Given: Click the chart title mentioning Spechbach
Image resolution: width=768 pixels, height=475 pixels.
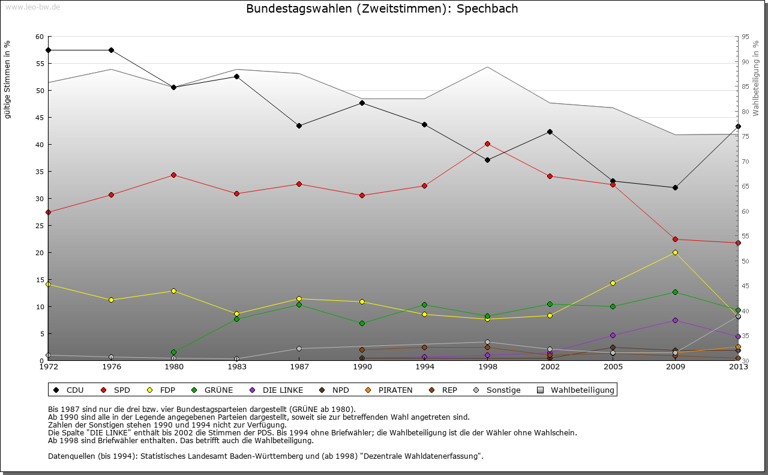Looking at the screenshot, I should click(x=382, y=9).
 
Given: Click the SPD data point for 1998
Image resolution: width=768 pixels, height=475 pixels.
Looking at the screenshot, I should click(x=487, y=144).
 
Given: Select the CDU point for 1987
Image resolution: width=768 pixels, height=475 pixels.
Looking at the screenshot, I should click(x=299, y=126).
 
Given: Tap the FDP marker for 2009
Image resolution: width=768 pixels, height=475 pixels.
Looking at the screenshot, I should click(x=675, y=252).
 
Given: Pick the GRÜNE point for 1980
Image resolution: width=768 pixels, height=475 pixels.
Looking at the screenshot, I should click(x=173, y=352).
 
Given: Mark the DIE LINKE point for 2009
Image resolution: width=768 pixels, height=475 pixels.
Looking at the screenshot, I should click(x=675, y=320).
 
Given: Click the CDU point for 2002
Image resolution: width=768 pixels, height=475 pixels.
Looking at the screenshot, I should click(x=550, y=132).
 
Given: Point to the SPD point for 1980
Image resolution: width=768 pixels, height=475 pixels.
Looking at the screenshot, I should click(x=173, y=175).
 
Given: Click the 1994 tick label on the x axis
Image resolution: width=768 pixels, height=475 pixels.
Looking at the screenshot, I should click(x=424, y=367).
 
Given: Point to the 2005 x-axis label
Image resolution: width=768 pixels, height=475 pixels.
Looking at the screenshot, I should click(x=613, y=367).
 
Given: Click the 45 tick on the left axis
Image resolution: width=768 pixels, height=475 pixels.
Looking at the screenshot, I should click(x=40, y=118).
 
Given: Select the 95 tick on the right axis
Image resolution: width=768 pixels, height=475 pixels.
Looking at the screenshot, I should click(x=745, y=37).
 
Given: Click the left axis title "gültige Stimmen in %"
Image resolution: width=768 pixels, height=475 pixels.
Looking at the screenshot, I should click(x=8, y=79).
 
